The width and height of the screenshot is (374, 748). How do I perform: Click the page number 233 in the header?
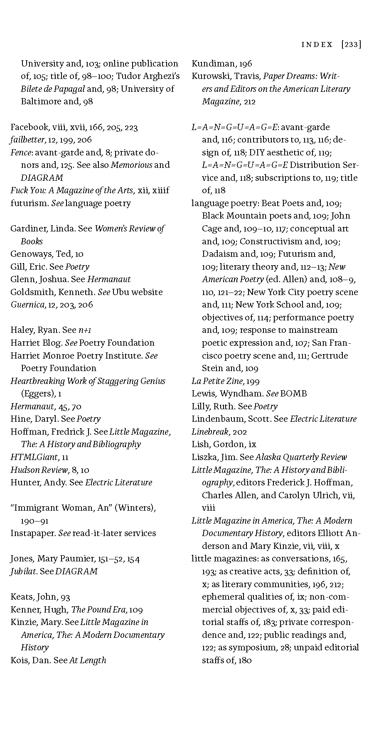click(351, 44)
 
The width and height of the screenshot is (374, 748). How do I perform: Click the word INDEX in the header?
click(317, 44)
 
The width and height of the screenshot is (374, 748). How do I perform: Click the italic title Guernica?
click(27, 305)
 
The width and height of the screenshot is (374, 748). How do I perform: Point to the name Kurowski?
click(210, 76)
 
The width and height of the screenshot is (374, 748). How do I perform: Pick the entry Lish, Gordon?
click(218, 444)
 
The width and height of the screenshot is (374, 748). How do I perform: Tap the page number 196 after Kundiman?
click(245, 64)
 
